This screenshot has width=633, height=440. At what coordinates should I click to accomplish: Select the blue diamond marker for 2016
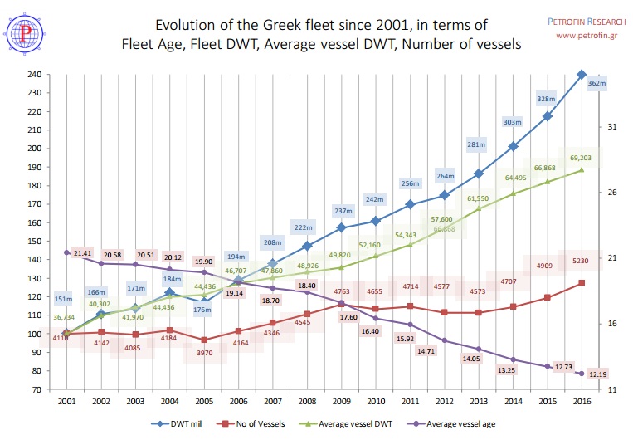pos(581,75)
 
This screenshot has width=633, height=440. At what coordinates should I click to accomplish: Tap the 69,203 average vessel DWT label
pos(582,157)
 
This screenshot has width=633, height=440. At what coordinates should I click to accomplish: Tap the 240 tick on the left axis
pos(34,75)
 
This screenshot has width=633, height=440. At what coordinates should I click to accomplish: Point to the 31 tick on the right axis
pos(612,126)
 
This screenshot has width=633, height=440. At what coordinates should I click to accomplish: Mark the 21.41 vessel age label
pos(82,253)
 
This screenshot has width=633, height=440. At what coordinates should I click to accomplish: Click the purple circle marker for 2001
pos(66,252)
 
